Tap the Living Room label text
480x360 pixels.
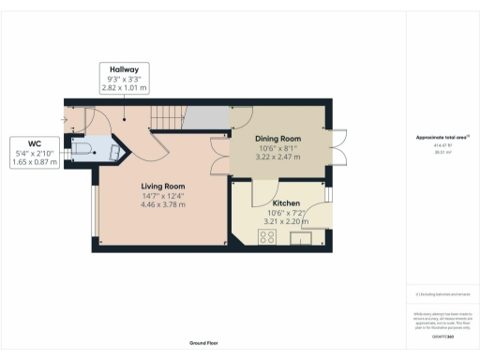[162, 185]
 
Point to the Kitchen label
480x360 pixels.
[287, 202]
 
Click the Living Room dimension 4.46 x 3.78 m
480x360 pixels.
[162, 204]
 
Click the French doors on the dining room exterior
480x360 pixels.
[337, 149]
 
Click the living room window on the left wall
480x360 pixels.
[93, 210]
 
